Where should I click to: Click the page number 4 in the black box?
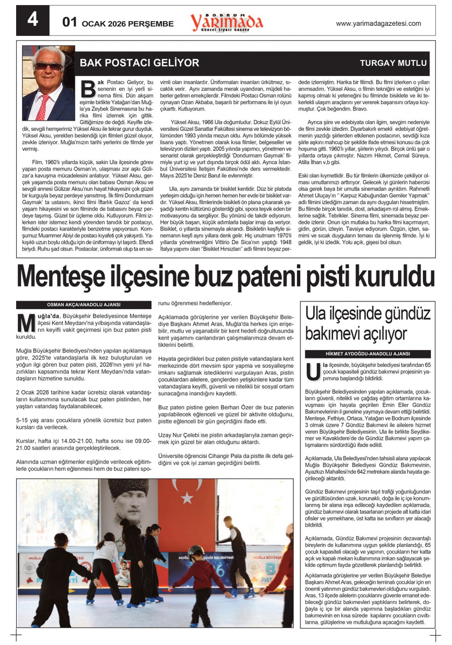(32, 20)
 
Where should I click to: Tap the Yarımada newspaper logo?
(226, 22)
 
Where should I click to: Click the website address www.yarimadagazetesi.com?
(378, 23)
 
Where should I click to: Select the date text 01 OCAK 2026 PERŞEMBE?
(118, 23)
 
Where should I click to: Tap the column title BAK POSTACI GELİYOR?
(139, 63)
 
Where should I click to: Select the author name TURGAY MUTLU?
(393, 63)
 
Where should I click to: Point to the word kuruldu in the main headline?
(395, 277)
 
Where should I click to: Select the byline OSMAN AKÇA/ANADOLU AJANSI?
(83, 305)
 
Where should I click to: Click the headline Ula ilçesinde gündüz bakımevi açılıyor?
(368, 324)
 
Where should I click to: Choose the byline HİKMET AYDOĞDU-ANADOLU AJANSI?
(368, 354)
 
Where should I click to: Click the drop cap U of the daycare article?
(313, 372)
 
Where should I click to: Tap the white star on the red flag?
(187, 498)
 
